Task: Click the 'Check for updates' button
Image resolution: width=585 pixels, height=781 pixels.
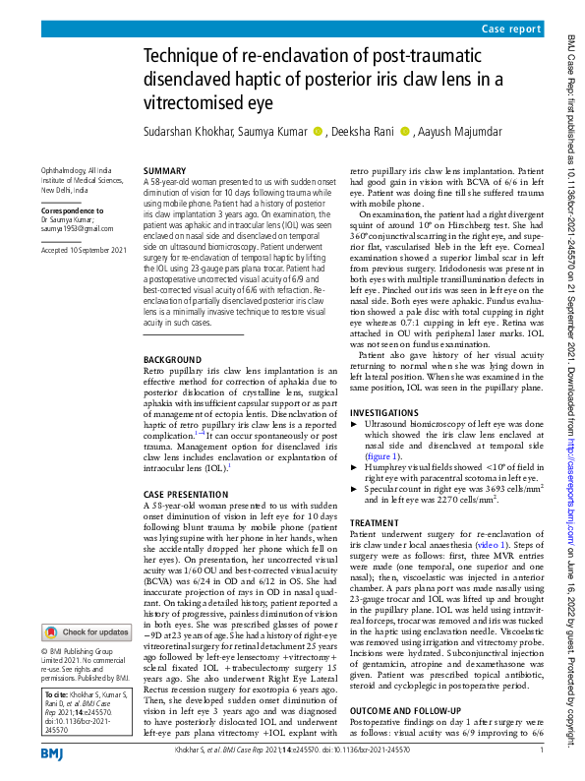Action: (x=86, y=632)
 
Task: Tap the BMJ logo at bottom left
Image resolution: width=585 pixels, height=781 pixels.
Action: (x=53, y=752)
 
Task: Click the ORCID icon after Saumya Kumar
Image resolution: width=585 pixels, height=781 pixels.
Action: (x=317, y=132)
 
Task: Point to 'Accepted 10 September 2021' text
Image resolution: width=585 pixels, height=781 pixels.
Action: (x=84, y=251)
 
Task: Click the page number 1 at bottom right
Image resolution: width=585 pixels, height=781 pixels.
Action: (x=541, y=752)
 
